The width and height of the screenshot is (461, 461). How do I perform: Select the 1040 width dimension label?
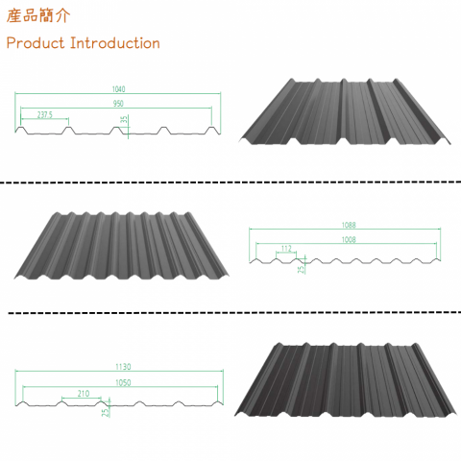pos(118,89)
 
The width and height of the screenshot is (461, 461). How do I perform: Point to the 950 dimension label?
pos(118,102)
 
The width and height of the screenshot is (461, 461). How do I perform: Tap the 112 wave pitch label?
pos(286,248)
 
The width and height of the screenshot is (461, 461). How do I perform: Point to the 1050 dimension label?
pos(120,380)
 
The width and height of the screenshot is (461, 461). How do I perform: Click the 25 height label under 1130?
pos(104,411)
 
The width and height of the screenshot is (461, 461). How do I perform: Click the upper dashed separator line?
pos(230,182)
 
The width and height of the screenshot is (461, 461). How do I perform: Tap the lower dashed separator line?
pos(230,313)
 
